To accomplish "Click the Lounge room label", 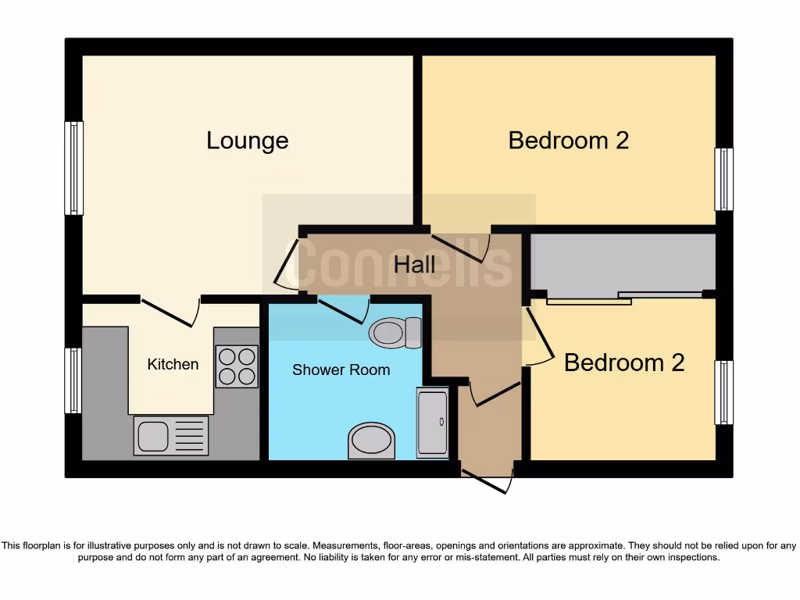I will [247, 141].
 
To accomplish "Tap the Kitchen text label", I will [173, 364].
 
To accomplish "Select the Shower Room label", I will [341, 370].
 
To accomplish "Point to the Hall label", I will [414, 265].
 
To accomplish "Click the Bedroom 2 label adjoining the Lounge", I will [568, 141].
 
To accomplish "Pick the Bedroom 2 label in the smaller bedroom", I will [623, 362].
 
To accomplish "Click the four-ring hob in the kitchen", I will [237, 366].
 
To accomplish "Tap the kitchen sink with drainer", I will [171, 435].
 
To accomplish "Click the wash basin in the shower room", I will [371, 441].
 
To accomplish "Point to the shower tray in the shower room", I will [433, 420].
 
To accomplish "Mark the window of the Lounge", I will [73, 168].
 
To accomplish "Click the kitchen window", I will [73, 380].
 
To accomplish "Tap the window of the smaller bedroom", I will [724, 392].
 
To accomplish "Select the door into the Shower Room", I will [342, 310].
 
